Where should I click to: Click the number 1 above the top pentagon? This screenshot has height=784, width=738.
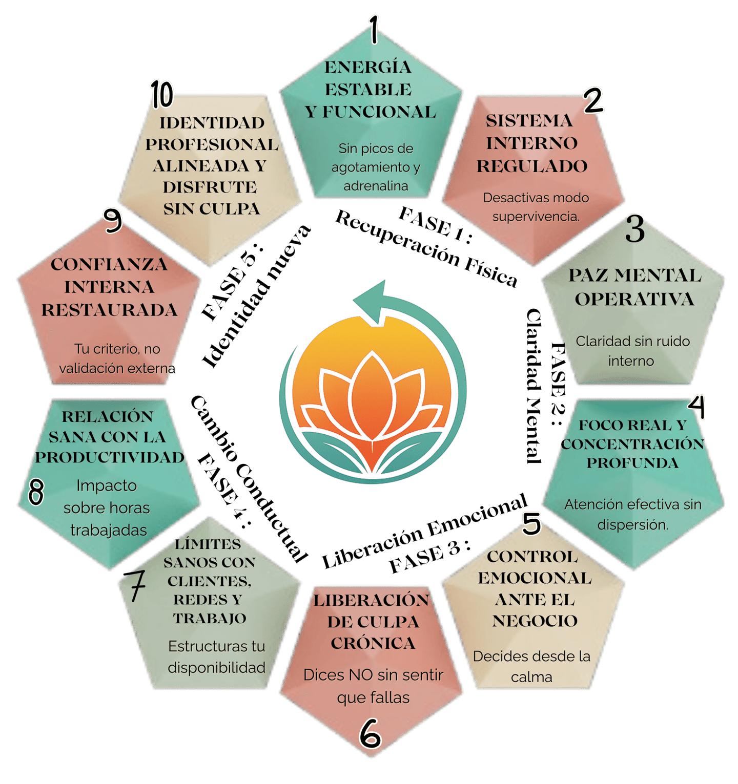(375, 29)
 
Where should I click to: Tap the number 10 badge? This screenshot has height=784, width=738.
(162, 95)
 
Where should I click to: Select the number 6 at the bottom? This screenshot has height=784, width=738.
(370, 733)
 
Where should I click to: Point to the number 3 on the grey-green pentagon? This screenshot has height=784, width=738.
(635, 229)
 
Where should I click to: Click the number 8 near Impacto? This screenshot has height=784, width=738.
(36, 492)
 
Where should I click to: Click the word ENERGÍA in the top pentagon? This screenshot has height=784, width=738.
(368, 67)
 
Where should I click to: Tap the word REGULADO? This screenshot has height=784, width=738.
(532, 166)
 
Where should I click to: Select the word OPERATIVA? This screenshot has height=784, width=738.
(634, 299)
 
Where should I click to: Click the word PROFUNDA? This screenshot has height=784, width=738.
(632, 463)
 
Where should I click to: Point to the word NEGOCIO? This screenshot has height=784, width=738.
(535, 621)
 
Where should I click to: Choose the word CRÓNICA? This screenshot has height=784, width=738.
(373, 643)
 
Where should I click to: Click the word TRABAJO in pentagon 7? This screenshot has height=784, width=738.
(210, 618)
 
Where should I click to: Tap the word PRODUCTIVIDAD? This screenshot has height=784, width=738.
(110, 457)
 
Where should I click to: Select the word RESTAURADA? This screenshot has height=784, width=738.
(109, 310)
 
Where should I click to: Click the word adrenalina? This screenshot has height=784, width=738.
(376, 186)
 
